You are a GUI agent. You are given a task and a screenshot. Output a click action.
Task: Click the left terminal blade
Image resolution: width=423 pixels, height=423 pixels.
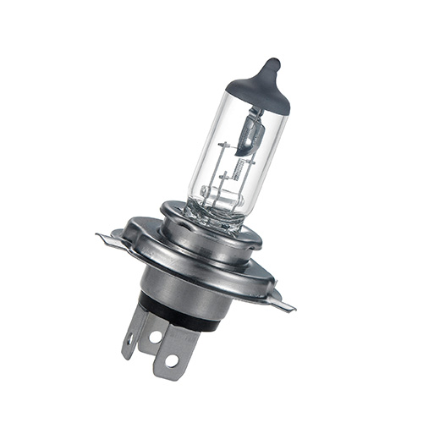(x=134, y=326)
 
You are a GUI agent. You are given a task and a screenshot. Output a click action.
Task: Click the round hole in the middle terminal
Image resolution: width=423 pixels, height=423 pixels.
(x=154, y=336)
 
